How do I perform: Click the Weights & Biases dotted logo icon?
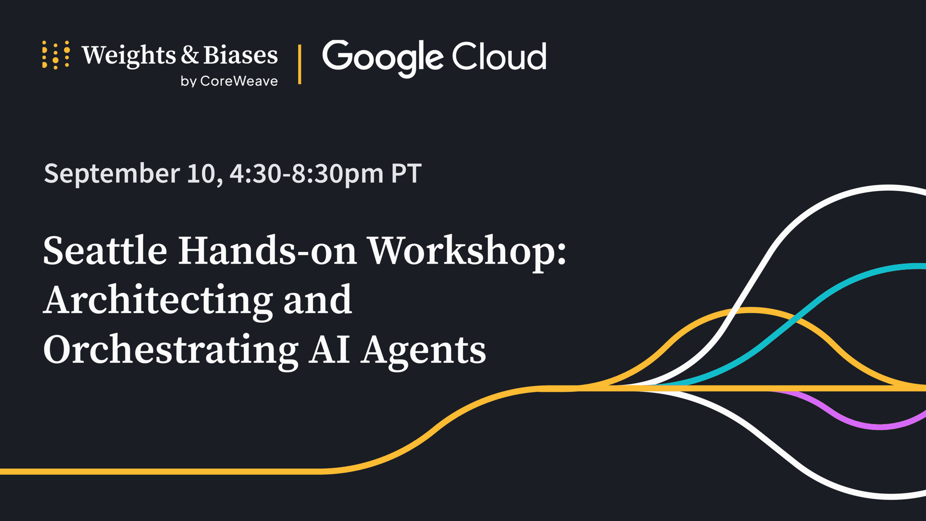click(56, 55)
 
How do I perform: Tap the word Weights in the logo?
click(129, 56)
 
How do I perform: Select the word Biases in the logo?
click(240, 55)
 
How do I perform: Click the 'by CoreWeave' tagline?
click(229, 81)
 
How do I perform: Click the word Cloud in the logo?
click(499, 56)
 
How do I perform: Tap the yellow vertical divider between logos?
click(299, 64)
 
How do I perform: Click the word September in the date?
click(111, 174)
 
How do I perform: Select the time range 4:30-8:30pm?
click(306, 174)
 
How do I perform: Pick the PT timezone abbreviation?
click(406, 173)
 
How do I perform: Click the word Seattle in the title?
click(105, 251)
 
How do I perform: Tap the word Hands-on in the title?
click(268, 251)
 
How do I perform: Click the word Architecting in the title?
click(158, 302)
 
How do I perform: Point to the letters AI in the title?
click(329, 350)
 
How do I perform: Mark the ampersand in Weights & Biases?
click(190, 55)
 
